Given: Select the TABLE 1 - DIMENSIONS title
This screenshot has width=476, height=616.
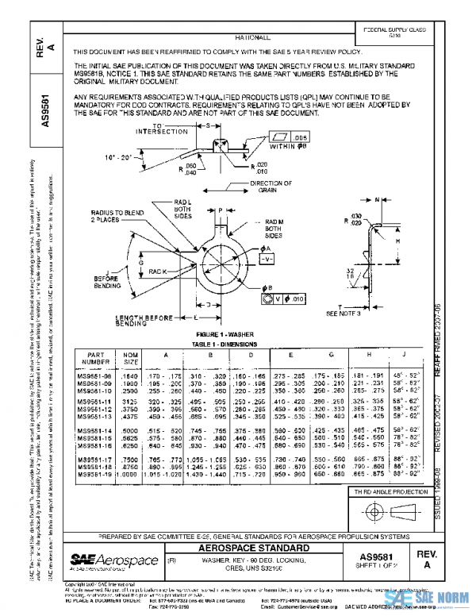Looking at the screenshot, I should [217, 343].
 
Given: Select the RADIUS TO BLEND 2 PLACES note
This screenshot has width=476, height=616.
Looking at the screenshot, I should [113, 218].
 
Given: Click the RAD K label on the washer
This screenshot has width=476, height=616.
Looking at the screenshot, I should [158, 271].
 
